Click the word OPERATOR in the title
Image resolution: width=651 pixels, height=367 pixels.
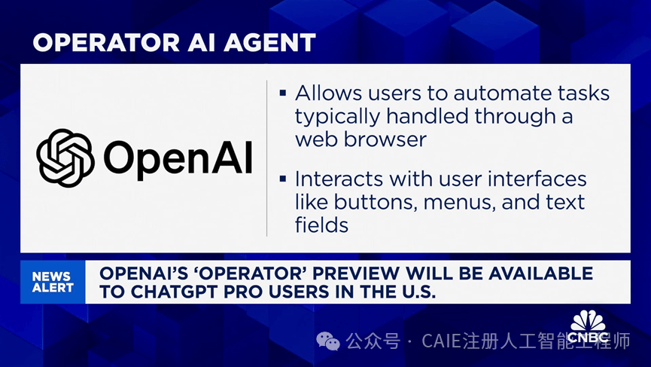(106, 42)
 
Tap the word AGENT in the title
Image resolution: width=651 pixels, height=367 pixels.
(269, 42)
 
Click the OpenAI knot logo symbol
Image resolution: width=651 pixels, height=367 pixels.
(65, 158)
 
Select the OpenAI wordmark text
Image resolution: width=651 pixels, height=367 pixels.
(178, 159)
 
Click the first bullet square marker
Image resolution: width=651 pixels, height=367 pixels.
(283, 93)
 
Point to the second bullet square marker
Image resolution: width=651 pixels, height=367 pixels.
(283, 179)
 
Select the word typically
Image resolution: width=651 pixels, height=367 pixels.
(337, 117)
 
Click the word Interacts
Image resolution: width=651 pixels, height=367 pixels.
(339, 179)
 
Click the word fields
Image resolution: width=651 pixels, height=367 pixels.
(321, 225)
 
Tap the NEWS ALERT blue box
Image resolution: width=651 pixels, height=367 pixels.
(53, 282)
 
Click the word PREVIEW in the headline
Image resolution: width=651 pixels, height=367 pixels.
(355, 274)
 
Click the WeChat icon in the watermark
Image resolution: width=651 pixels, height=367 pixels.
(328, 341)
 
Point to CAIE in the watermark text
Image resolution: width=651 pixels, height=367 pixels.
(442, 341)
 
